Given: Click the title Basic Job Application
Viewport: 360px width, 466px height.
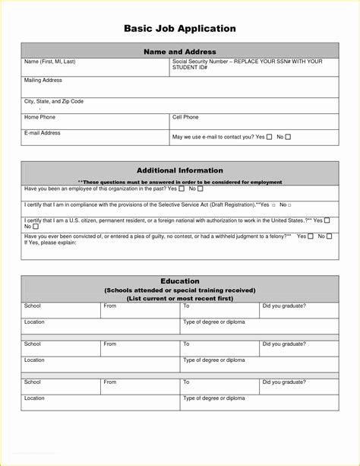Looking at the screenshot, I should pos(180,29).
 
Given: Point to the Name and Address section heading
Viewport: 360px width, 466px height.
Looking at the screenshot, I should pos(180,52).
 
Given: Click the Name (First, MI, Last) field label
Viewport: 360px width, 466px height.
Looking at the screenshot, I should pos(50,61).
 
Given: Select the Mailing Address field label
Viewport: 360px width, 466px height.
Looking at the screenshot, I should pos(43,80).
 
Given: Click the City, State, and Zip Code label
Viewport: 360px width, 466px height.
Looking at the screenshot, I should pos(54,101).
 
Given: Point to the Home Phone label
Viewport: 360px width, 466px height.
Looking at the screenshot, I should pos(40,117).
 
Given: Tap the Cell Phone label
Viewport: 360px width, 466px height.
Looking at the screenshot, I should pos(186,117).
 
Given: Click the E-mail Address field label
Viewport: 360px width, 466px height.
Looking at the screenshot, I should pos(43,133).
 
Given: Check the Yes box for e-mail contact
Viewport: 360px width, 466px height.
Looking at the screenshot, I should pos(270,137).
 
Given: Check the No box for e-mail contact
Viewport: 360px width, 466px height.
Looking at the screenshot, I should pos(288,137).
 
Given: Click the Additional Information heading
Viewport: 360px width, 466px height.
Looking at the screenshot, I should pos(180,170).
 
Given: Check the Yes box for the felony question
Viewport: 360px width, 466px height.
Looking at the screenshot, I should pos(311,236).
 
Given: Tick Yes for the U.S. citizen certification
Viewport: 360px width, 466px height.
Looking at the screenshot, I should pos(327,220).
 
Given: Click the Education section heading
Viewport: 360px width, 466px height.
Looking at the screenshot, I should pos(180,281).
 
